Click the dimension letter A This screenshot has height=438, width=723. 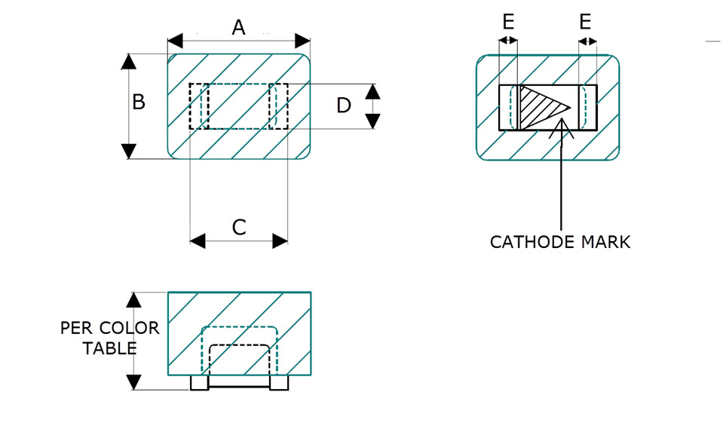[x=238, y=28]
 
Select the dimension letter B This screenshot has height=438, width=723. [x=139, y=102]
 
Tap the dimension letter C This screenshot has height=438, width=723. [x=238, y=228]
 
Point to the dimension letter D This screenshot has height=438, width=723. [x=344, y=106]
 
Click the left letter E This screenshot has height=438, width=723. [x=508, y=22]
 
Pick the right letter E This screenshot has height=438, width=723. [x=586, y=22]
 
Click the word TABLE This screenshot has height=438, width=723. [x=110, y=348]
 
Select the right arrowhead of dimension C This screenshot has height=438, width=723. [x=280, y=241]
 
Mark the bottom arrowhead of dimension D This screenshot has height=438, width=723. [x=373, y=121]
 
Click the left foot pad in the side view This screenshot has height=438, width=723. [x=199, y=383]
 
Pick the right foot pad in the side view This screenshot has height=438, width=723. [x=279, y=383]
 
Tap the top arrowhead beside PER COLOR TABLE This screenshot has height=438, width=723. [x=133, y=300]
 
